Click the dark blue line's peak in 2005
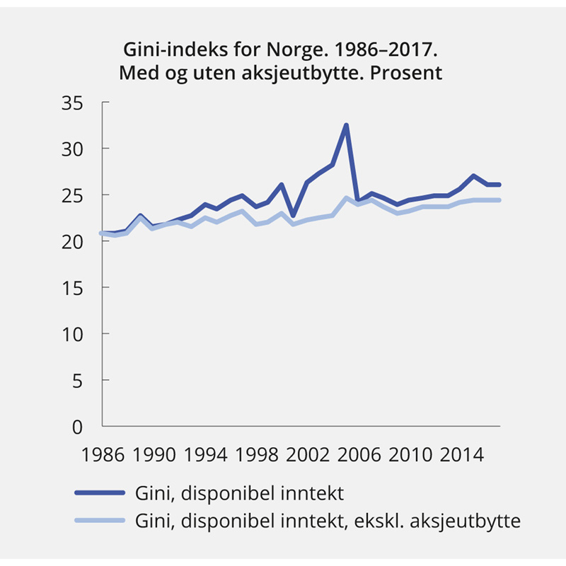[x=346, y=125]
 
